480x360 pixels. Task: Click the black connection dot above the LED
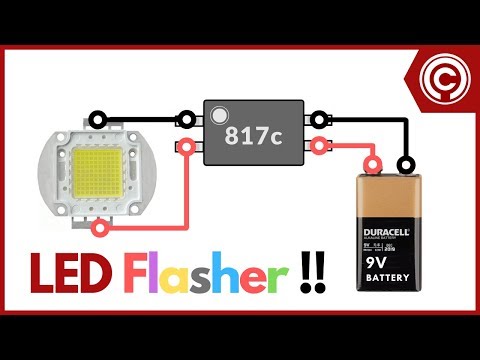(x=95, y=116)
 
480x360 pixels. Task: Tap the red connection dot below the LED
(x=96, y=229)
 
